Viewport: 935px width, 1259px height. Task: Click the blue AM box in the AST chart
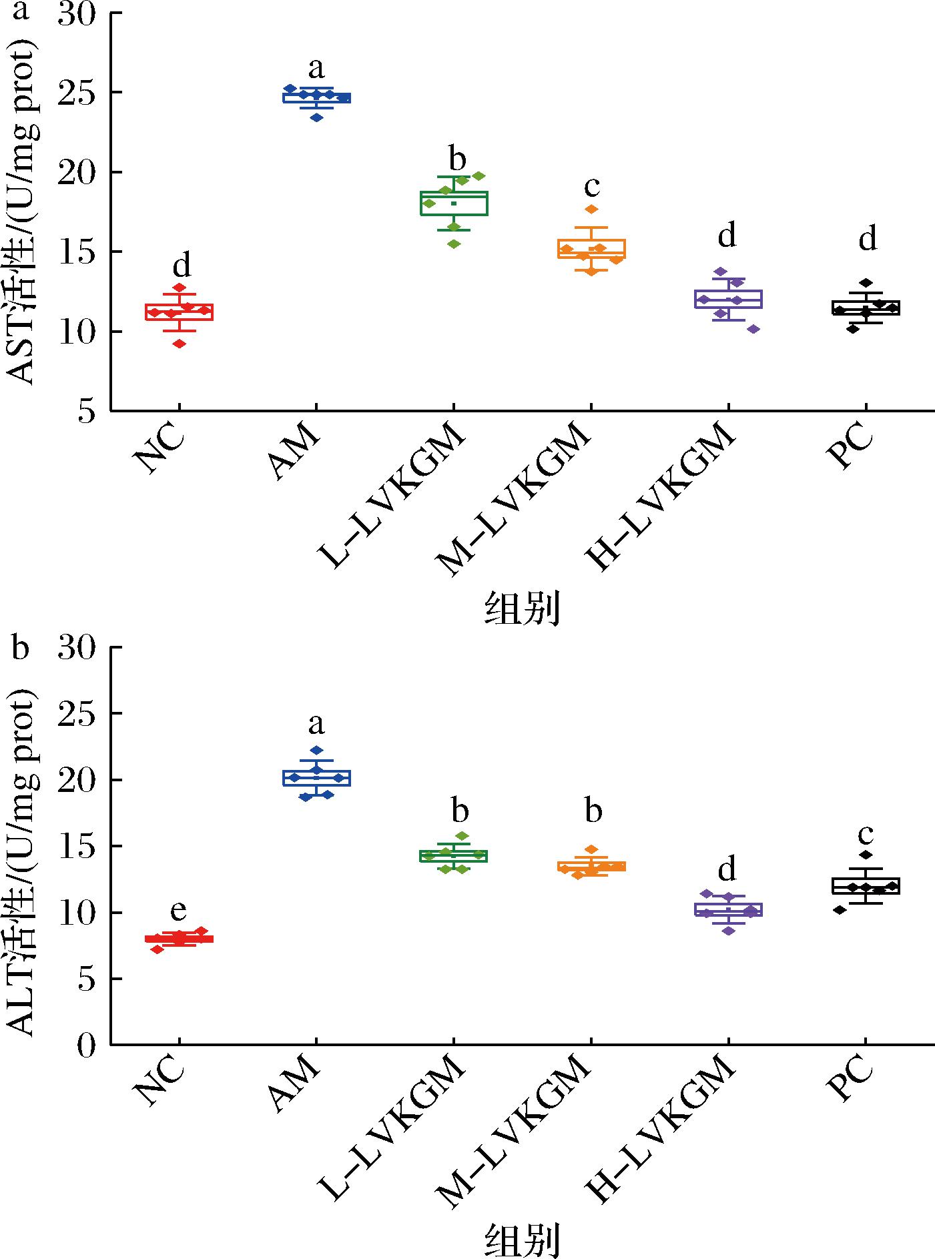point(316,97)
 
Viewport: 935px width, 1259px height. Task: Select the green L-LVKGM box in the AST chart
point(454,203)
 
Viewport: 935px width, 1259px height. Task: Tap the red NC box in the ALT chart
point(179,939)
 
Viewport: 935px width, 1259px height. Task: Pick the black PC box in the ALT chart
point(866,886)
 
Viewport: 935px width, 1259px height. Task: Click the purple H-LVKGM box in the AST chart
point(728,299)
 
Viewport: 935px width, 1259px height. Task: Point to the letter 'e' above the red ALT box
point(178,910)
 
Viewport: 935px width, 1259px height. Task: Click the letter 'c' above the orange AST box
point(592,187)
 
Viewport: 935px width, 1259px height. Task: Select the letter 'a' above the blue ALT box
point(316,723)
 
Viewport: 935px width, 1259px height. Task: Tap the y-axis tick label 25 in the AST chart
point(77,92)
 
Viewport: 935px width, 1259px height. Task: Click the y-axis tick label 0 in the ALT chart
point(87,1045)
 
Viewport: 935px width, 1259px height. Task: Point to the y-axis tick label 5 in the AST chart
point(87,412)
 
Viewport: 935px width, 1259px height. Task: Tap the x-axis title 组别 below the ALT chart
point(521,1240)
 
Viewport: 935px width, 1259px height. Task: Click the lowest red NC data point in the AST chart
point(179,344)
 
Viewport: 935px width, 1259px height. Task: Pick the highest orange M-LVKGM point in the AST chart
point(591,209)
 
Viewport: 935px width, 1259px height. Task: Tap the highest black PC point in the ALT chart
point(866,855)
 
